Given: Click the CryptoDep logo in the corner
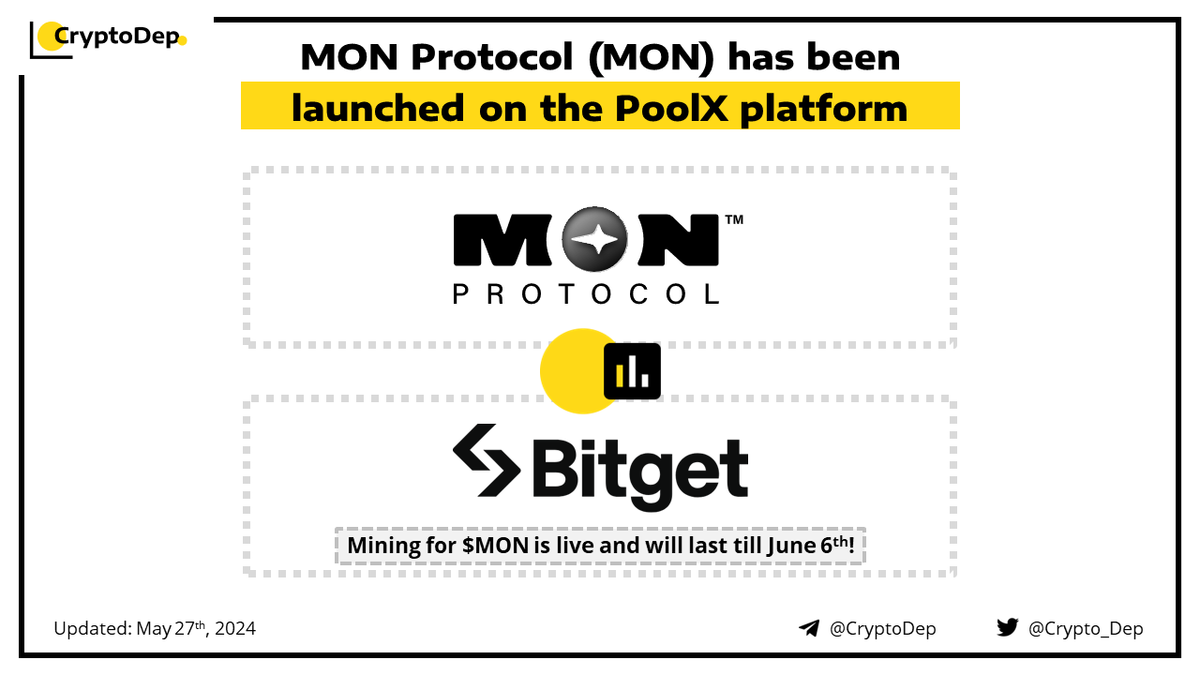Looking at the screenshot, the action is (x=108, y=39).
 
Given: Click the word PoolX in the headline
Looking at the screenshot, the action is (x=671, y=108).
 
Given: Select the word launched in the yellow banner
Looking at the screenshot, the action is (x=378, y=108).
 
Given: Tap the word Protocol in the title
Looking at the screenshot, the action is (x=492, y=57).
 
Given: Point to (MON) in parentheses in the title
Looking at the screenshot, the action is (x=651, y=58).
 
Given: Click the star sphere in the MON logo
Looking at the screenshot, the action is (x=594, y=238).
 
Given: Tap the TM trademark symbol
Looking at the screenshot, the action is (x=734, y=219).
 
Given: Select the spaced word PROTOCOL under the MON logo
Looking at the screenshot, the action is (x=586, y=294).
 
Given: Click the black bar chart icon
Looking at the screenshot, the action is (x=632, y=371).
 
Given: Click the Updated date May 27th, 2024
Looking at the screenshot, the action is (x=196, y=628).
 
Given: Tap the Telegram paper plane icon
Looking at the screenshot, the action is (x=809, y=628).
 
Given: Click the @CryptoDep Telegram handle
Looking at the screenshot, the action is (x=882, y=628).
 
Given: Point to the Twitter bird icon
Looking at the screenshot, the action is (x=1007, y=627).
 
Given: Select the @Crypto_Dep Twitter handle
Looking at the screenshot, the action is (x=1086, y=628).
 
